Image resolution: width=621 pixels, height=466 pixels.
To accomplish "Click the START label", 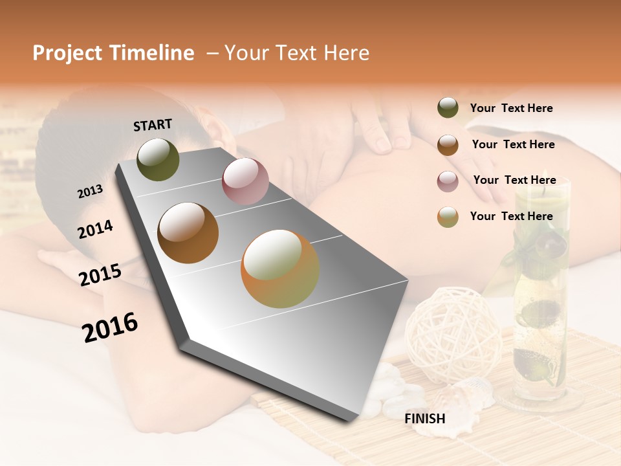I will tap(153, 125).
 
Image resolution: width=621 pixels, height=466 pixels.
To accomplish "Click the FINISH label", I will tap(424, 419).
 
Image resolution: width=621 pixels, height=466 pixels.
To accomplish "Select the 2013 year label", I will tap(90, 191).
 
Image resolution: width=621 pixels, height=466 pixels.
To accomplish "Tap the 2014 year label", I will tap(95, 229).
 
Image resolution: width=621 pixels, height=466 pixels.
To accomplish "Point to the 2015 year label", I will tap(100, 274).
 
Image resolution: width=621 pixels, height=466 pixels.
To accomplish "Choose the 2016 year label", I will tap(110, 327).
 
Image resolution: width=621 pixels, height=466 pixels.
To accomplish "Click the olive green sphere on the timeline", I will tap(158, 160).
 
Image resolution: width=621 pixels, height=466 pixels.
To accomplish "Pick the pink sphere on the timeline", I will tap(245, 181).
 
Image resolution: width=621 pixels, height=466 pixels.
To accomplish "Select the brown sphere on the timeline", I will tap(188, 233).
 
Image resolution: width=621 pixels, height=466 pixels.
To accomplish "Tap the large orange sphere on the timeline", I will tap(280, 269).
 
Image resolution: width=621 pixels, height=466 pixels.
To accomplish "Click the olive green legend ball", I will tap(448, 107).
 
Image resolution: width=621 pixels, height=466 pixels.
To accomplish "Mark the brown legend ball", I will tap(448, 144).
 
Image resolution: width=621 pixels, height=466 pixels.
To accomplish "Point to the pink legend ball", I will tap(448, 181).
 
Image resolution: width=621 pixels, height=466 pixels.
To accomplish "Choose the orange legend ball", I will tap(448, 217).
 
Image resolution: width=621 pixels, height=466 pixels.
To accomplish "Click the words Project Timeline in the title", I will tap(113, 53).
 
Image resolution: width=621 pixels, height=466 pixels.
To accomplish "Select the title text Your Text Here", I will tap(297, 53).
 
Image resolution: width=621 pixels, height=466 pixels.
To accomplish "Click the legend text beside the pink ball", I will tap(514, 180).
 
